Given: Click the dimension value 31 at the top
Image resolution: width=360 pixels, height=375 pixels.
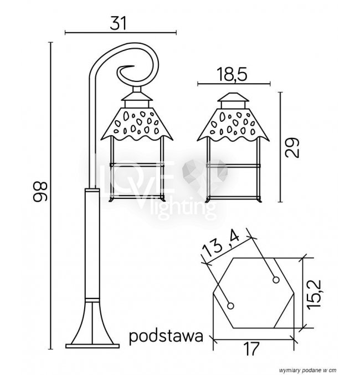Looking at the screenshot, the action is click(x=118, y=23).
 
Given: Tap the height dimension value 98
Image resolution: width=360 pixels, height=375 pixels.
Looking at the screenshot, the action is click(x=40, y=192).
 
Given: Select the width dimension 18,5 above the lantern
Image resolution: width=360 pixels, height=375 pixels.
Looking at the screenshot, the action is click(x=232, y=74).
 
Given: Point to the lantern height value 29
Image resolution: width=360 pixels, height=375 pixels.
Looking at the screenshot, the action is click(x=292, y=147).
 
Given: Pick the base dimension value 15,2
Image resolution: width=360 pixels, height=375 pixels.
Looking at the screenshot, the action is click(x=314, y=294).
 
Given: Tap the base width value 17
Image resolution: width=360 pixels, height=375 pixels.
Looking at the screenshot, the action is click(x=251, y=348).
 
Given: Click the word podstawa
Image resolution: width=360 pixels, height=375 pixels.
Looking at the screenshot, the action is click(x=166, y=336).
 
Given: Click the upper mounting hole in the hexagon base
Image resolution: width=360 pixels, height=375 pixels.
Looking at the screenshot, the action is click(x=276, y=280).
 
